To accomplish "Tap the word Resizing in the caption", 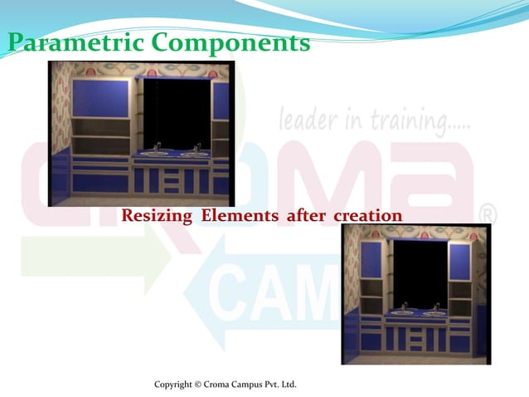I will pyautogui.click(x=154, y=216).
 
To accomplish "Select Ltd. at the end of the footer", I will pyautogui.click(x=286, y=385).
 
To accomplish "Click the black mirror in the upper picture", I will pyautogui.click(x=176, y=111).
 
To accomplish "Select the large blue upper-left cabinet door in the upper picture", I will pyautogui.click(x=100, y=98).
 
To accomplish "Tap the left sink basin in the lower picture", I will pyautogui.click(x=404, y=312).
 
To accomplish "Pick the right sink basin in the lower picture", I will pyautogui.click(x=434, y=312).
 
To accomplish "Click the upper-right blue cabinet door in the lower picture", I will pyautogui.click(x=459, y=260).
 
